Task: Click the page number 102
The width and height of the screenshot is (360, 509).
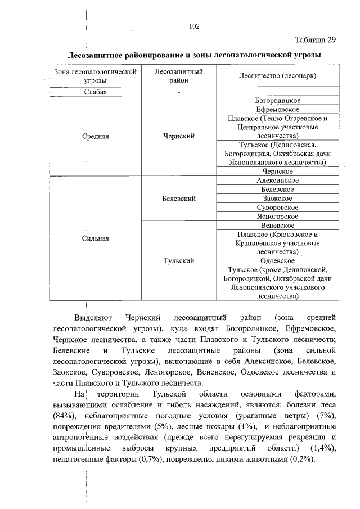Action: point(195,26)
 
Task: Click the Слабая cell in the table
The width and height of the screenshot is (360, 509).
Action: point(96,92)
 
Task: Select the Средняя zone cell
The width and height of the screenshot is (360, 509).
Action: point(96,136)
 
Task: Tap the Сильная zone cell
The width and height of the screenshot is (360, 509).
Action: point(96,238)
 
